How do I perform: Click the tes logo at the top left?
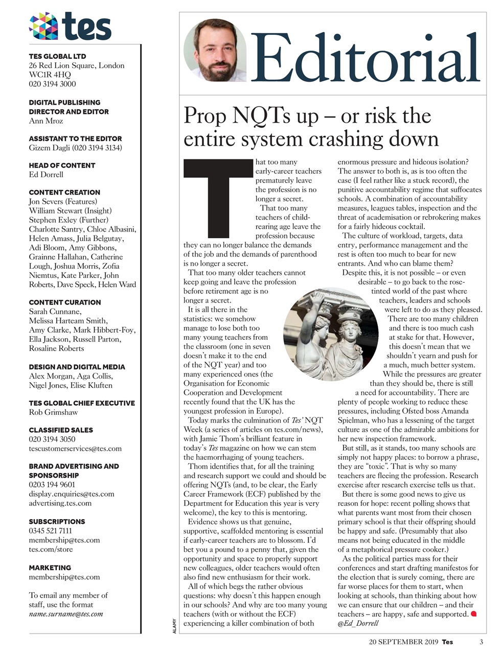(x=70, y=26)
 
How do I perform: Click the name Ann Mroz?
(x=47, y=121)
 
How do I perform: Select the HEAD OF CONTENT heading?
(x=62, y=165)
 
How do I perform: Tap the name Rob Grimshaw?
(x=54, y=412)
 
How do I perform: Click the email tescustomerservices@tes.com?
(x=75, y=449)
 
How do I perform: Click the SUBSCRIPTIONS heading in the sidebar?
(x=57, y=522)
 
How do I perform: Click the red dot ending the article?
(x=473, y=613)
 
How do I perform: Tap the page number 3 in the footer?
(x=481, y=642)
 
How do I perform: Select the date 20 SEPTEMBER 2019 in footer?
(x=403, y=642)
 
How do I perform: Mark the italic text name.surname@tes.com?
(x=66, y=614)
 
